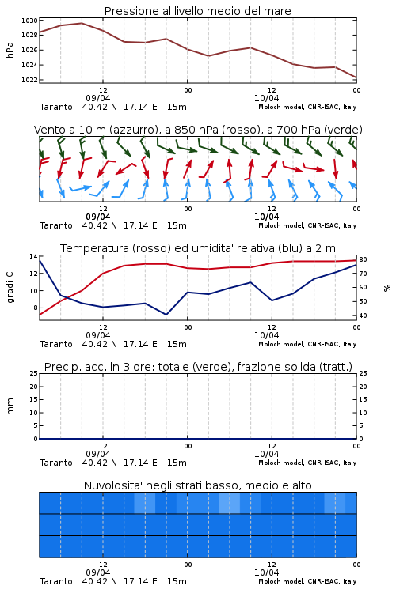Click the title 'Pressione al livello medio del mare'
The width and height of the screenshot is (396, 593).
[197, 11]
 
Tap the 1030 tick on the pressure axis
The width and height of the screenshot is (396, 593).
[29, 21]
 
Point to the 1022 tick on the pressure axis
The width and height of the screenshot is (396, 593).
[29, 80]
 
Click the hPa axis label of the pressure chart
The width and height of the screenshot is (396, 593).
[10, 50]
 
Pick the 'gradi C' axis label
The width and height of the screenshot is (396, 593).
[10, 287]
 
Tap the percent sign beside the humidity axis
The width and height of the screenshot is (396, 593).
[387, 288]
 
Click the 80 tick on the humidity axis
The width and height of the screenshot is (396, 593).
[363, 259]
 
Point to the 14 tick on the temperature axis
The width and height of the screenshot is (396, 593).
[33, 256]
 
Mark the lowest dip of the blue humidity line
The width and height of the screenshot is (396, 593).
[166, 315]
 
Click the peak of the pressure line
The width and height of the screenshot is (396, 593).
[82, 23]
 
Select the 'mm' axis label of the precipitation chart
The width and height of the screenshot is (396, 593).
[10, 406]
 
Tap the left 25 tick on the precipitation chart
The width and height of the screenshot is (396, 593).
[34, 373]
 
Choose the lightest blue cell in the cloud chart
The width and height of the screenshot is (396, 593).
[229, 503]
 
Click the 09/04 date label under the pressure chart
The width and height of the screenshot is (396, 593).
[98, 98]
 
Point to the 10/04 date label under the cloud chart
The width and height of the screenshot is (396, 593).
[266, 572]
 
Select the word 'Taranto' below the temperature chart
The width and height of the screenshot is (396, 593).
[56, 344]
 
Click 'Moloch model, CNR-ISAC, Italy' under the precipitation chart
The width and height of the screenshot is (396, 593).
[307, 463]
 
